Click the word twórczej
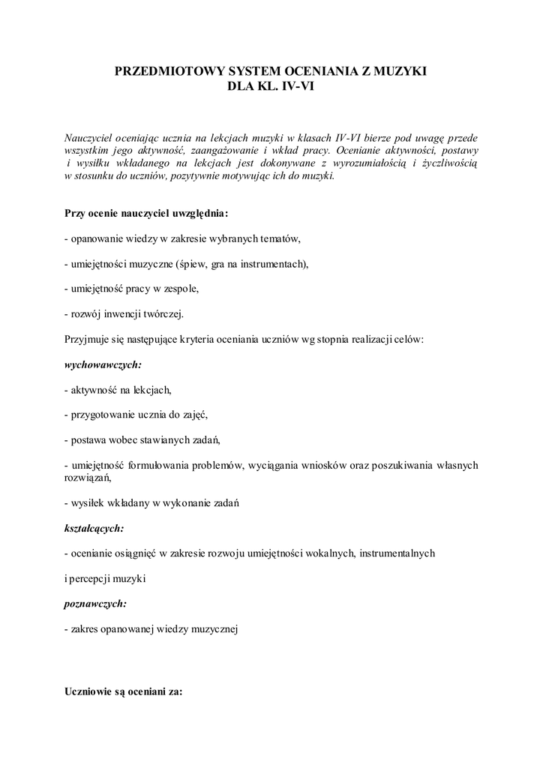click(x=165, y=313)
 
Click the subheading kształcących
click(x=94, y=528)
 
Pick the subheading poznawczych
click(x=95, y=603)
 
